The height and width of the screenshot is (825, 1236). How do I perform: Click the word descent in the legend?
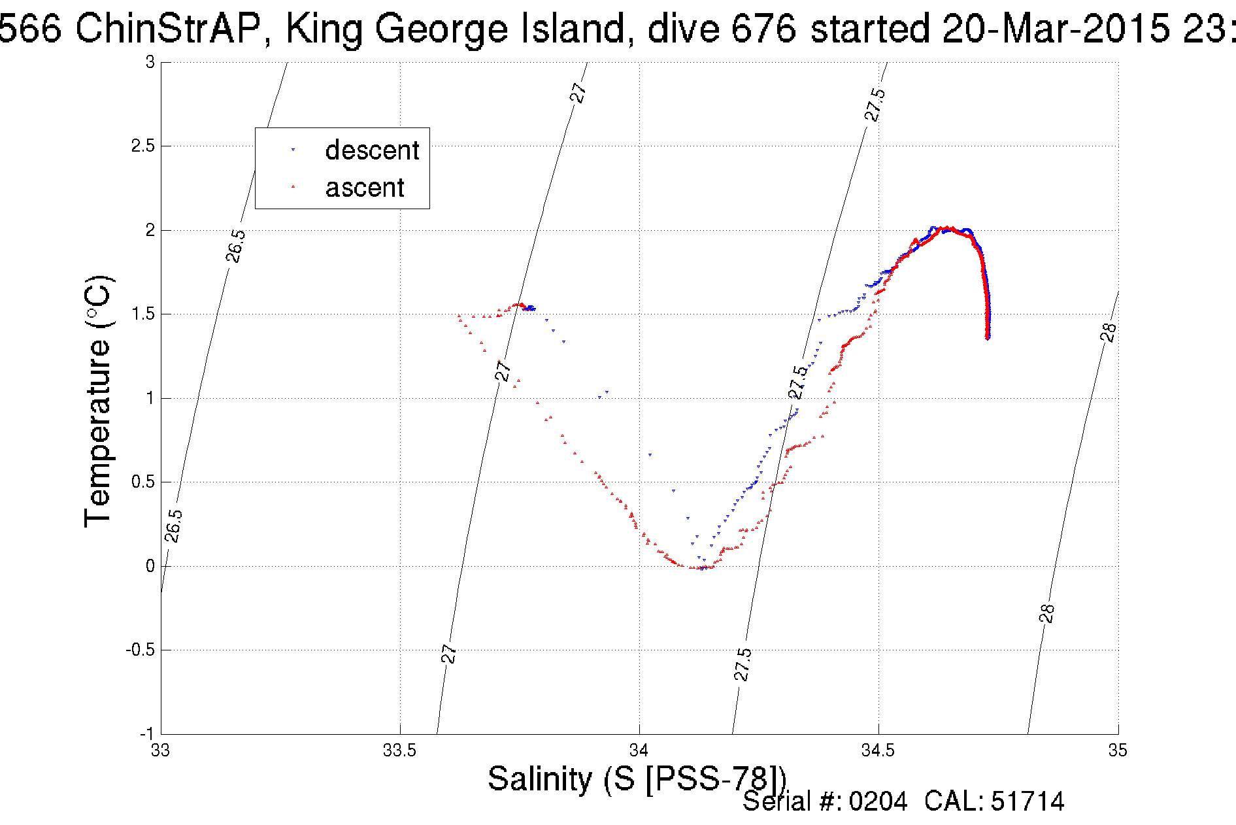coord(371,151)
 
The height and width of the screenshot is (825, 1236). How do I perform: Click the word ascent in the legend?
coord(365,188)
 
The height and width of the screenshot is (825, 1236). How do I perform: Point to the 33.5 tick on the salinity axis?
coord(399,750)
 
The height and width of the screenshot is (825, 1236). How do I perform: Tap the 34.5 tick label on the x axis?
coord(878,750)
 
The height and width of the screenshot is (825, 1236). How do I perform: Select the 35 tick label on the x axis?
coord(1118,750)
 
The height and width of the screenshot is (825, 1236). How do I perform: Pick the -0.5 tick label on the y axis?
coord(140,650)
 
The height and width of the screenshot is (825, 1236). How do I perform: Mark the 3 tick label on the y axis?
coord(150,62)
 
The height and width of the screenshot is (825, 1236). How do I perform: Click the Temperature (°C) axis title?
coord(99,401)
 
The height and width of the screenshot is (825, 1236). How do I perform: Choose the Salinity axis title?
coord(637,779)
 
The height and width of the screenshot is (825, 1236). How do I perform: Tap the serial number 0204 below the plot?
coord(878,801)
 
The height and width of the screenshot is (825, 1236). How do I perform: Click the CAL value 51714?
coord(1027,801)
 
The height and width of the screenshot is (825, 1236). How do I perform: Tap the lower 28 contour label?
coord(1046,613)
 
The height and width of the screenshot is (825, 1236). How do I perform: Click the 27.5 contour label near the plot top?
coord(875,105)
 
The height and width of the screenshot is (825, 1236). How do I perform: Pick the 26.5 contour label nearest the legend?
coord(236,246)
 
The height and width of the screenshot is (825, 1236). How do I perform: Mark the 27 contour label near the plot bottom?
coord(448,653)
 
